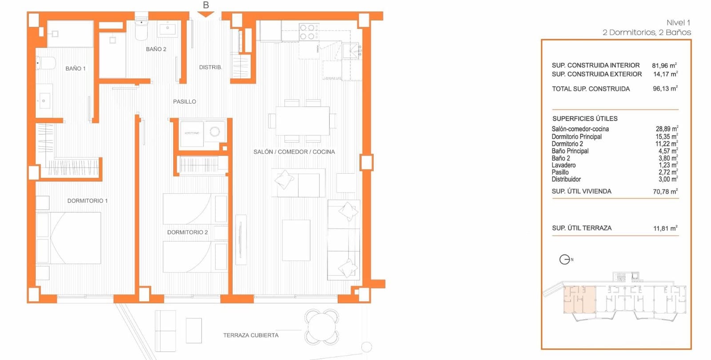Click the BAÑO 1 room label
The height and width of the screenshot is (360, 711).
pyautogui.click(x=75, y=68)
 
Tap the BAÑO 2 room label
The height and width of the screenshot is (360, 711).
pyautogui.click(x=156, y=49)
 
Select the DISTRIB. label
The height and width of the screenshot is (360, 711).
pyautogui.click(x=210, y=67)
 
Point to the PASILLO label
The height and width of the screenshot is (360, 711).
pyautogui.click(x=184, y=102)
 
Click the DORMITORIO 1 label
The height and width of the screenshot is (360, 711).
pyautogui.click(x=87, y=201)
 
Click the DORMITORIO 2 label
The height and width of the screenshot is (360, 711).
pyautogui.click(x=187, y=232)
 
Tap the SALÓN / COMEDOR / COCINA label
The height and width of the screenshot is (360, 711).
pyautogui.click(x=294, y=152)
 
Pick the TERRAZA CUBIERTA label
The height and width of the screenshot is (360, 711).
pyautogui.click(x=251, y=336)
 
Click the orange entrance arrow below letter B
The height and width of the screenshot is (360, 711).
pyautogui.click(x=205, y=15)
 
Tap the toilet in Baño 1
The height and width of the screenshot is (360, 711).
pyautogui.click(x=45, y=63)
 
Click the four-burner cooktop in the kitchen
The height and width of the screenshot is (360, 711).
pyautogui.click(x=308, y=32)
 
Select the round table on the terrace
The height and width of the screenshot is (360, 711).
pyautogui.click(x=322, y=327)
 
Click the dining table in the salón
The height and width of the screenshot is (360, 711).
pyautogui.click(x=302, y=121)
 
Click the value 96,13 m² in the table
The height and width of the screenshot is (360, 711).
pyautogui.click(x=665, y=89)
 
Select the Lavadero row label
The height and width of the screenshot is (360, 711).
pyautogui.click(x=563, y=165)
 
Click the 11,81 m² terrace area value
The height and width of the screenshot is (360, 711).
pyautogui.click(x=665, y=228)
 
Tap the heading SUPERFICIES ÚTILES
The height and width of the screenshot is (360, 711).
pyautogui.click(x=585, y=119)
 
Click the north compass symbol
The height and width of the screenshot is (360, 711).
pyautogui.click(x=565, y=260)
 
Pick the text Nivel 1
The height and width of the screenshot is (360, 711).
pyautogui.click(x=678, y=23)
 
